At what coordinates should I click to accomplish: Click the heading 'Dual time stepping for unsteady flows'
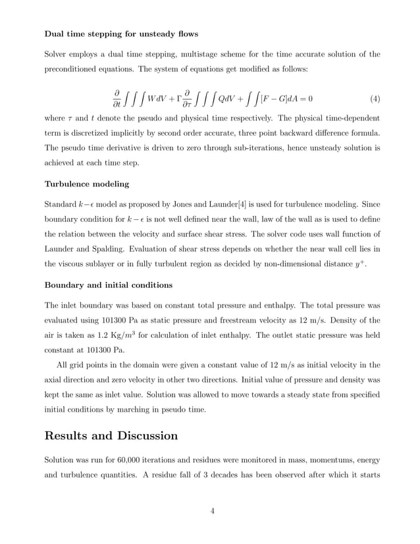(x=121, y=33)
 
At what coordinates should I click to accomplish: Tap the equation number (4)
(x=375, y=99)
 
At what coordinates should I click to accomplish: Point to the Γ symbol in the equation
(x=179, y=99)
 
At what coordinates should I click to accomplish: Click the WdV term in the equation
(x=158, y=99)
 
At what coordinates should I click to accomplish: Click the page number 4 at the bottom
(x=212, y=510)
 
